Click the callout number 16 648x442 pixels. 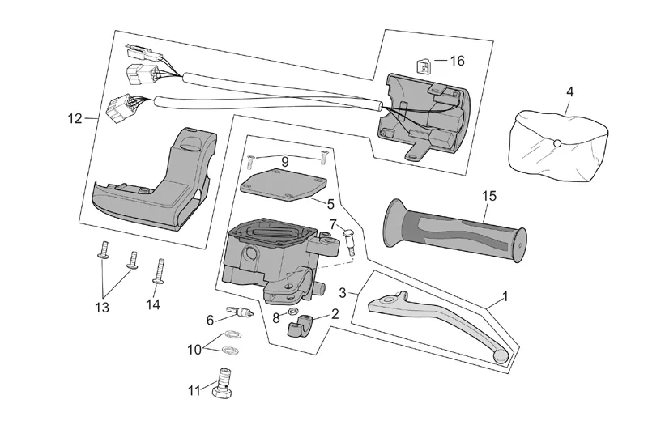click(458, 61)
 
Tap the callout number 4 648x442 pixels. click(569, 91)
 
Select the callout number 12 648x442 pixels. click(75, 119)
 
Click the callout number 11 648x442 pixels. click(194, 390)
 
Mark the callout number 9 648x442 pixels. click(284, 162)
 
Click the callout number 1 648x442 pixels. click(505, 296)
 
